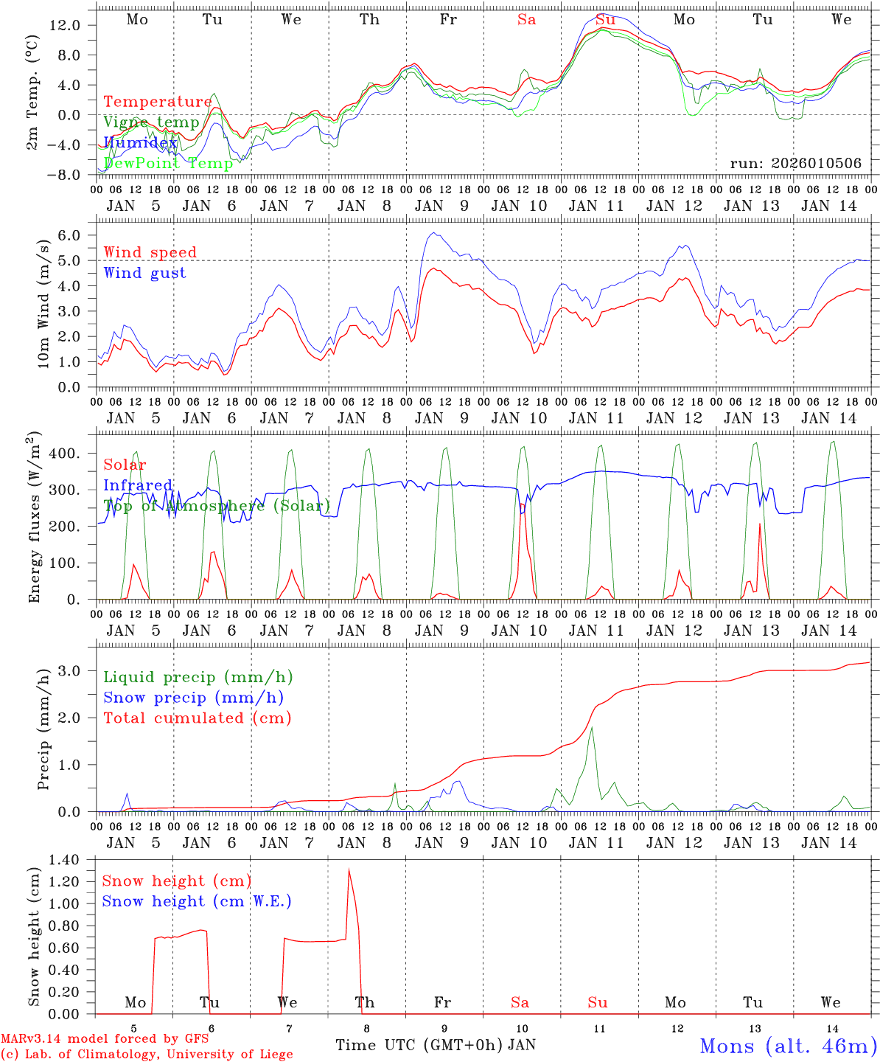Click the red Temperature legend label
point(157,102)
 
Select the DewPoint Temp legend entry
point(168,163)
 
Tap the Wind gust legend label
point(144,273)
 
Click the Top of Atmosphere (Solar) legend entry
point(217,505)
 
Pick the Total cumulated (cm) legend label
point(197,718)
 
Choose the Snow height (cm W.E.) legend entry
point(197,901)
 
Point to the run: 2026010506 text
point(795,163)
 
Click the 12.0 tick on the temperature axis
point(67,25)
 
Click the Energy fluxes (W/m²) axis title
point(34,519)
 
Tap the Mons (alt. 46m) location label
point(788,1046)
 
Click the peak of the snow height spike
point(349,870)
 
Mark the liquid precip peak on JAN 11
point(591,728)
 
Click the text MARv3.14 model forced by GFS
point(105,1038)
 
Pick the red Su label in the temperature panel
point(605,20)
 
